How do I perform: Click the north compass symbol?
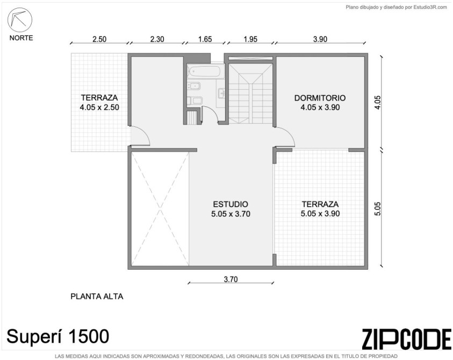click(x=20, y=20)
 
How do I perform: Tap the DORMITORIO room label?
click(x=320, y=98)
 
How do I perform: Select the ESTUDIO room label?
click(x=230, y=204)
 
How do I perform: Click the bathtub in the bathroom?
click(x=206, y=71)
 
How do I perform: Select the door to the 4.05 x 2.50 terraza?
click(x=140, y=136)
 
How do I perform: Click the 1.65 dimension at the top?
click(x=205, y=39)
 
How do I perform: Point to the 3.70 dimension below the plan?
click(x=231, y=279)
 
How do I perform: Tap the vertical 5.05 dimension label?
click(x=377, y=208)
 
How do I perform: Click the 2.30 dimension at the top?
click(x=157, y=39)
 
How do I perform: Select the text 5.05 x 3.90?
click(x=320, y=213)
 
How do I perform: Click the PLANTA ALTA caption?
click(x=97, y=297)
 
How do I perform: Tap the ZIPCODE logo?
click(x=406, y=339)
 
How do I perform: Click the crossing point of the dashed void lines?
click(x=160, y=209)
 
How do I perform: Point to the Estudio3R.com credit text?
click(x=430, y=8)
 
